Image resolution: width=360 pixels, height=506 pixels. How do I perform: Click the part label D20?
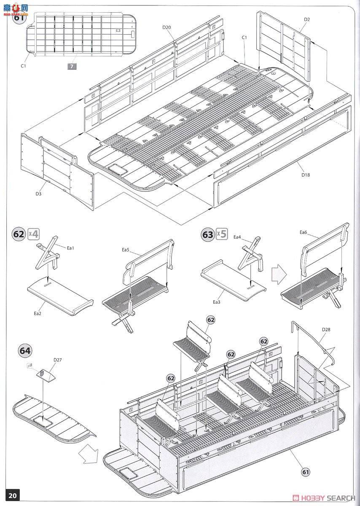coord(167,27)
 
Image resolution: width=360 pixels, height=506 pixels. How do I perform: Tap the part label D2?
coord(306,19)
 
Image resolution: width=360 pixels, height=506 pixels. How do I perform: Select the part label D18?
coord(305,175)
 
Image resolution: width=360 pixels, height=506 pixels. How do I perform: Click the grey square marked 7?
coord(72,66)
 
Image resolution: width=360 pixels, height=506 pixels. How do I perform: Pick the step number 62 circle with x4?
coord(19,234)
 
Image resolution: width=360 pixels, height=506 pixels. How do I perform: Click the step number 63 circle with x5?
coord(208,234)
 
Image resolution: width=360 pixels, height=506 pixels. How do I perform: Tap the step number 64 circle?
coord(25,350)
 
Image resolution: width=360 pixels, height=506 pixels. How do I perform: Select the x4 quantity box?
coord(33,234)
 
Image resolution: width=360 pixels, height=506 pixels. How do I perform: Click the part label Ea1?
coord(70,248)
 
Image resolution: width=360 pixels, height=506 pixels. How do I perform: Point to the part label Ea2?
coord(38,313)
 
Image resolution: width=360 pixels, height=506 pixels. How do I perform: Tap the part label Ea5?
coord(125,250)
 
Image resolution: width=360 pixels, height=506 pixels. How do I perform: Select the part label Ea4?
coord(237,237)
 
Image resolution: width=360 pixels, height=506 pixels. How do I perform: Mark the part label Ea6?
coord(304,232)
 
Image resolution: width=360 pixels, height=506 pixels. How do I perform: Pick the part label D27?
coord(57,360)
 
